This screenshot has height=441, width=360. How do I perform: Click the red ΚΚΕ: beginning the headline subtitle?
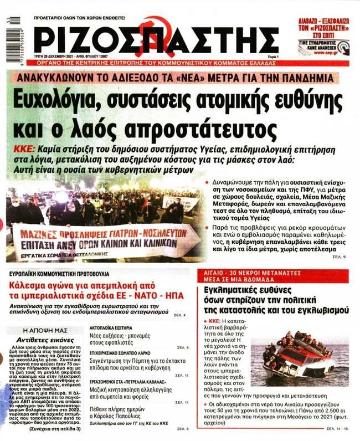tap(25, 150)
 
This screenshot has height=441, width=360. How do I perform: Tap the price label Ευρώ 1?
tap(281, 58)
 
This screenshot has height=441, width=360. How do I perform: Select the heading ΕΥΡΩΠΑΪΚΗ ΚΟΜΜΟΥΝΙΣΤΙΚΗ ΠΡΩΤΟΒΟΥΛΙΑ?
tap(62, 274)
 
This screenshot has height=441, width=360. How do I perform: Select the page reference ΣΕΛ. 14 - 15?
tap(337, 429)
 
